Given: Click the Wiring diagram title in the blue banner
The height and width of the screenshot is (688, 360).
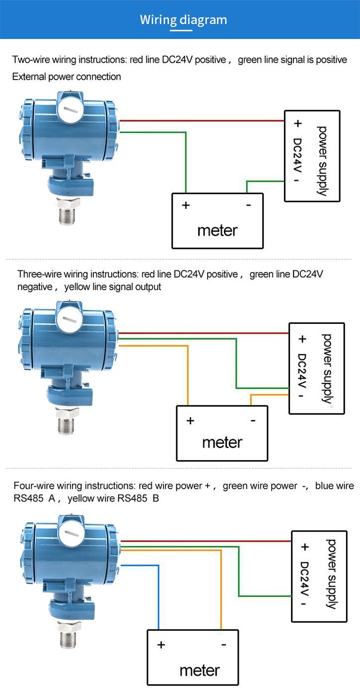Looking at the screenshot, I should [183, 20].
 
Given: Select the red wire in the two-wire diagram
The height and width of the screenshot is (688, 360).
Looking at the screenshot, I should [199, 120].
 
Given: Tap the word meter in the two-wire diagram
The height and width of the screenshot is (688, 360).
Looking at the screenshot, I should [217, 230].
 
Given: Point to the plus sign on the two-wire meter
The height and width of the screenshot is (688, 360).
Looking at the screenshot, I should [186, 205].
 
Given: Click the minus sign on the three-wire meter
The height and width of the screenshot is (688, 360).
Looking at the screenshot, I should [253, 421].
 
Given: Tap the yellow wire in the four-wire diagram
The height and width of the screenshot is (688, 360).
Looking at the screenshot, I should [221, 586].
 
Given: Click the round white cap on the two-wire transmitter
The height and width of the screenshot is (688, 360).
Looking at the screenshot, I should [69, 110].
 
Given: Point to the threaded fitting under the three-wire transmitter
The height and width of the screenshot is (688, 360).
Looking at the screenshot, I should [65, 425].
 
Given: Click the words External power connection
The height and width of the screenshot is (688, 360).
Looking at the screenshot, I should [67, 76].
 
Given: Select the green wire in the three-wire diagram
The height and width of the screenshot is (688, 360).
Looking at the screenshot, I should [236, 363].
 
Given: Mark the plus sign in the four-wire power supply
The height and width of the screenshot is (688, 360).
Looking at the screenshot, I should [304, 547].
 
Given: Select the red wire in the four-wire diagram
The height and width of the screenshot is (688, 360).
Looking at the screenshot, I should [209, 541].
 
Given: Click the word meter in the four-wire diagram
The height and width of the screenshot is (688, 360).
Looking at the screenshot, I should [200, 670].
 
